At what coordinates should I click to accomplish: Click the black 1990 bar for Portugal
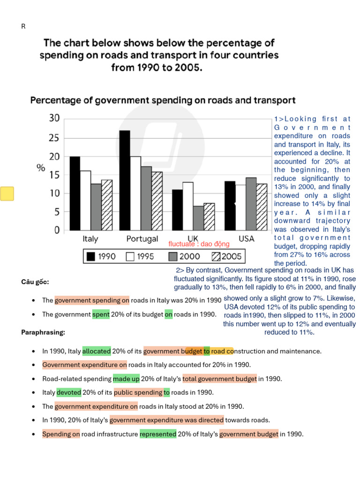[125, 180]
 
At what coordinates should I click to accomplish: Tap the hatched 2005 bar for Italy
[107, 205]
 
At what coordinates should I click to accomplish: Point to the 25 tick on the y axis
[55, 138]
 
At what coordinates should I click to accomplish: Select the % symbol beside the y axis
[41, 168]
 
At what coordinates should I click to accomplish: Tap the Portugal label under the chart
[142, 239]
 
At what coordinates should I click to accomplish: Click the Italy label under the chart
[90, 239]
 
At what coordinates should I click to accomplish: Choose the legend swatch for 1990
[91, 256]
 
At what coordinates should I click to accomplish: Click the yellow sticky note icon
[7, 193]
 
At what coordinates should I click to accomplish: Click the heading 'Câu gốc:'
[35, 282]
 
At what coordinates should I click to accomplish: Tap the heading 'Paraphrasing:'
[43, 332]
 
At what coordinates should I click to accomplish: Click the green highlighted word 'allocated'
[97, 351]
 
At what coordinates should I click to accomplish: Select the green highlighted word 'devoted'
[69, 392]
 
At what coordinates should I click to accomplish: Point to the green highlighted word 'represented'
[158, 434]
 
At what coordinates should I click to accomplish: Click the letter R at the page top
[23, 26]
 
